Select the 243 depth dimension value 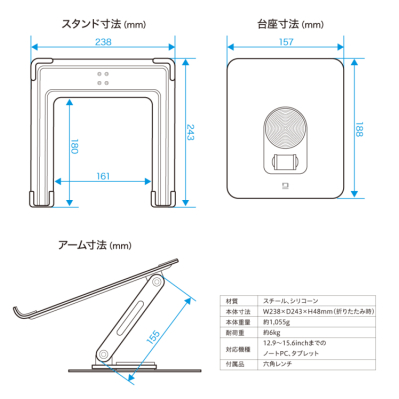pos(190,133)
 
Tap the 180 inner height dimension pos(71,146)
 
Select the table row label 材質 pos(232,301)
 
